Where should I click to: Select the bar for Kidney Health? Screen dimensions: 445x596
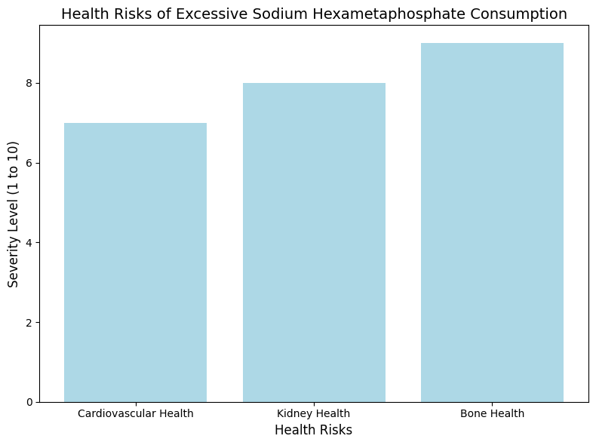click(314, 242)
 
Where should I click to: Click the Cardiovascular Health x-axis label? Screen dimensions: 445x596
click(135, 413)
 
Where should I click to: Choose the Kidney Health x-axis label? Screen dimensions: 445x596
click(314, 413)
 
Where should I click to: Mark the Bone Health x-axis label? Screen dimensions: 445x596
click(492, 413)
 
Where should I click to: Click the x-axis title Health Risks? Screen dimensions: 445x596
click(313, 431)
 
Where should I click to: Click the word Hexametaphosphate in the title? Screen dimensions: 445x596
click(406, 14)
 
